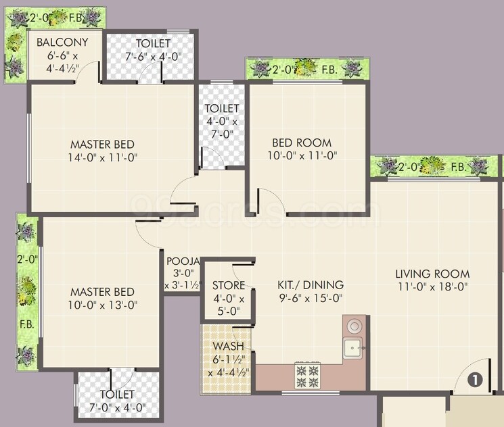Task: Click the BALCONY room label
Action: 62,43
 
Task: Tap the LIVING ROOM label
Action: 433,274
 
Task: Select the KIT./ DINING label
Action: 311,285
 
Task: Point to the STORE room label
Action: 229,286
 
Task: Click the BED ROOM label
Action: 302,143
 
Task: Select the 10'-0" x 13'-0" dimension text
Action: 102,305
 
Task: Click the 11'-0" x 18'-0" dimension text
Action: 433,286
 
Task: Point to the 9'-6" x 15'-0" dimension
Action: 311,297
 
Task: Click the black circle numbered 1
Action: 475,380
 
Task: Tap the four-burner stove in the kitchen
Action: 307,376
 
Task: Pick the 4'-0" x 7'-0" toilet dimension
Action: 222,128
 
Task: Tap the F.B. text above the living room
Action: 457,166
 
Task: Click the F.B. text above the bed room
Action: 330,69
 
